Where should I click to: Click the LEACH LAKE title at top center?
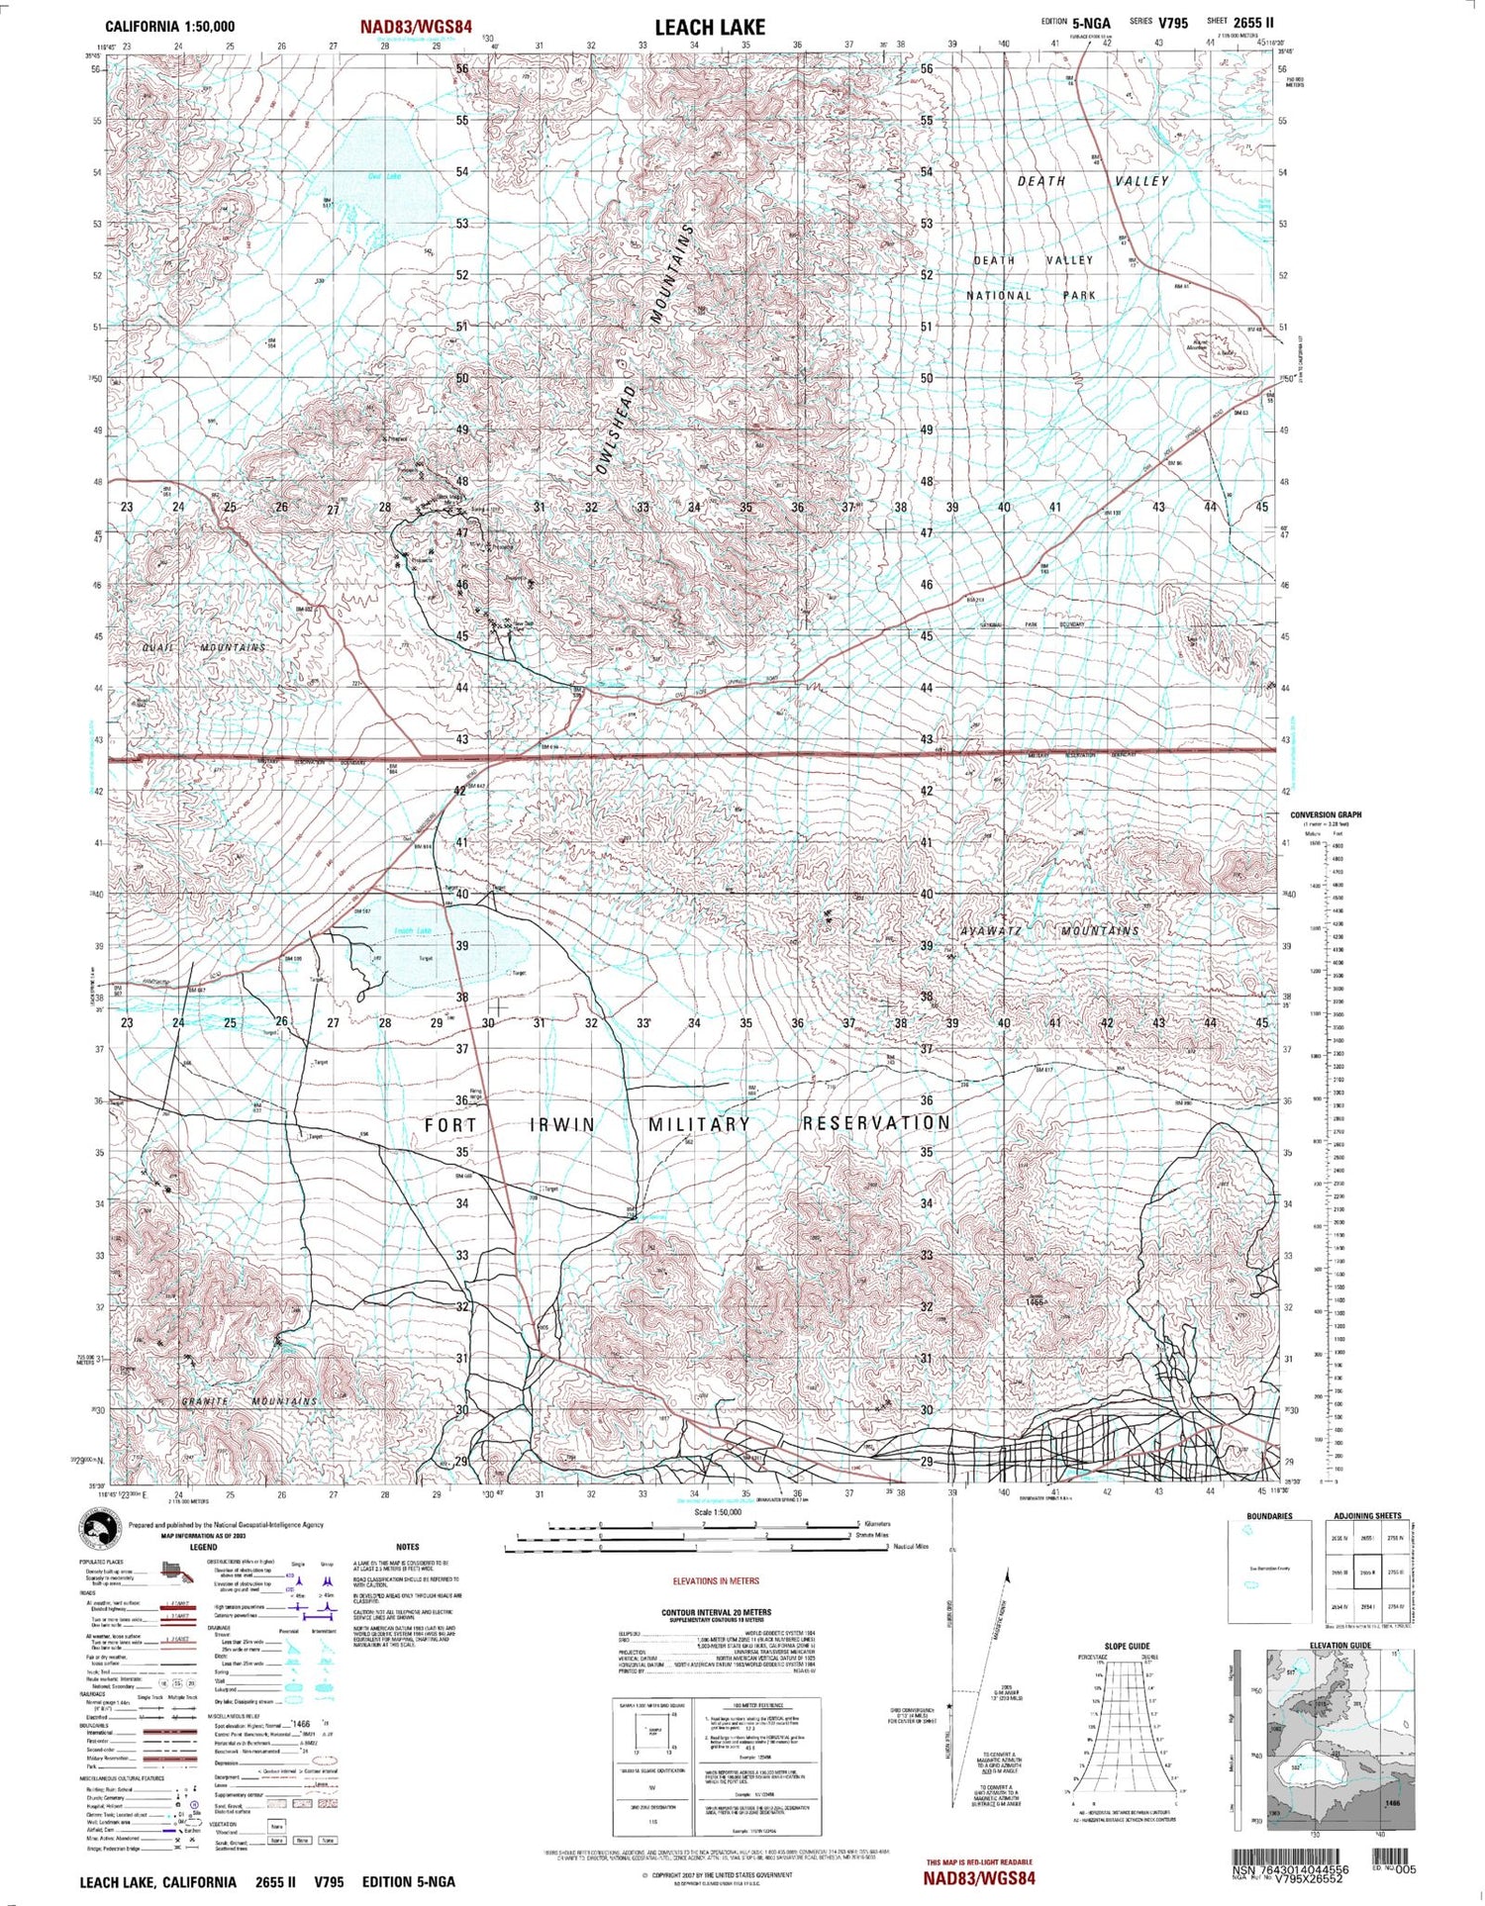(710, 27)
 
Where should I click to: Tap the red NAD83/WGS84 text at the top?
(416, 27)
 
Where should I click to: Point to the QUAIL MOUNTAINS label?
(206, 647)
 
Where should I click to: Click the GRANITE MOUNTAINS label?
(249, 1401)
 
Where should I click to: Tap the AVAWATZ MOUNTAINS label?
(1049, 931)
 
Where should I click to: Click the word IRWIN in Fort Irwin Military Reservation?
(563, 1125)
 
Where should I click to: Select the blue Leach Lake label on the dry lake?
(413, 930)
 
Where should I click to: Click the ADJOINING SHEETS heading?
(1366, 1516)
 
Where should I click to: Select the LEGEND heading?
(203, 1547)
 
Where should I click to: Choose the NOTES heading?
(407, 1547)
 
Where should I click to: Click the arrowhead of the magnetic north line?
(1008, 1574)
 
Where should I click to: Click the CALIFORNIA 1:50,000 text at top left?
(170, 27)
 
